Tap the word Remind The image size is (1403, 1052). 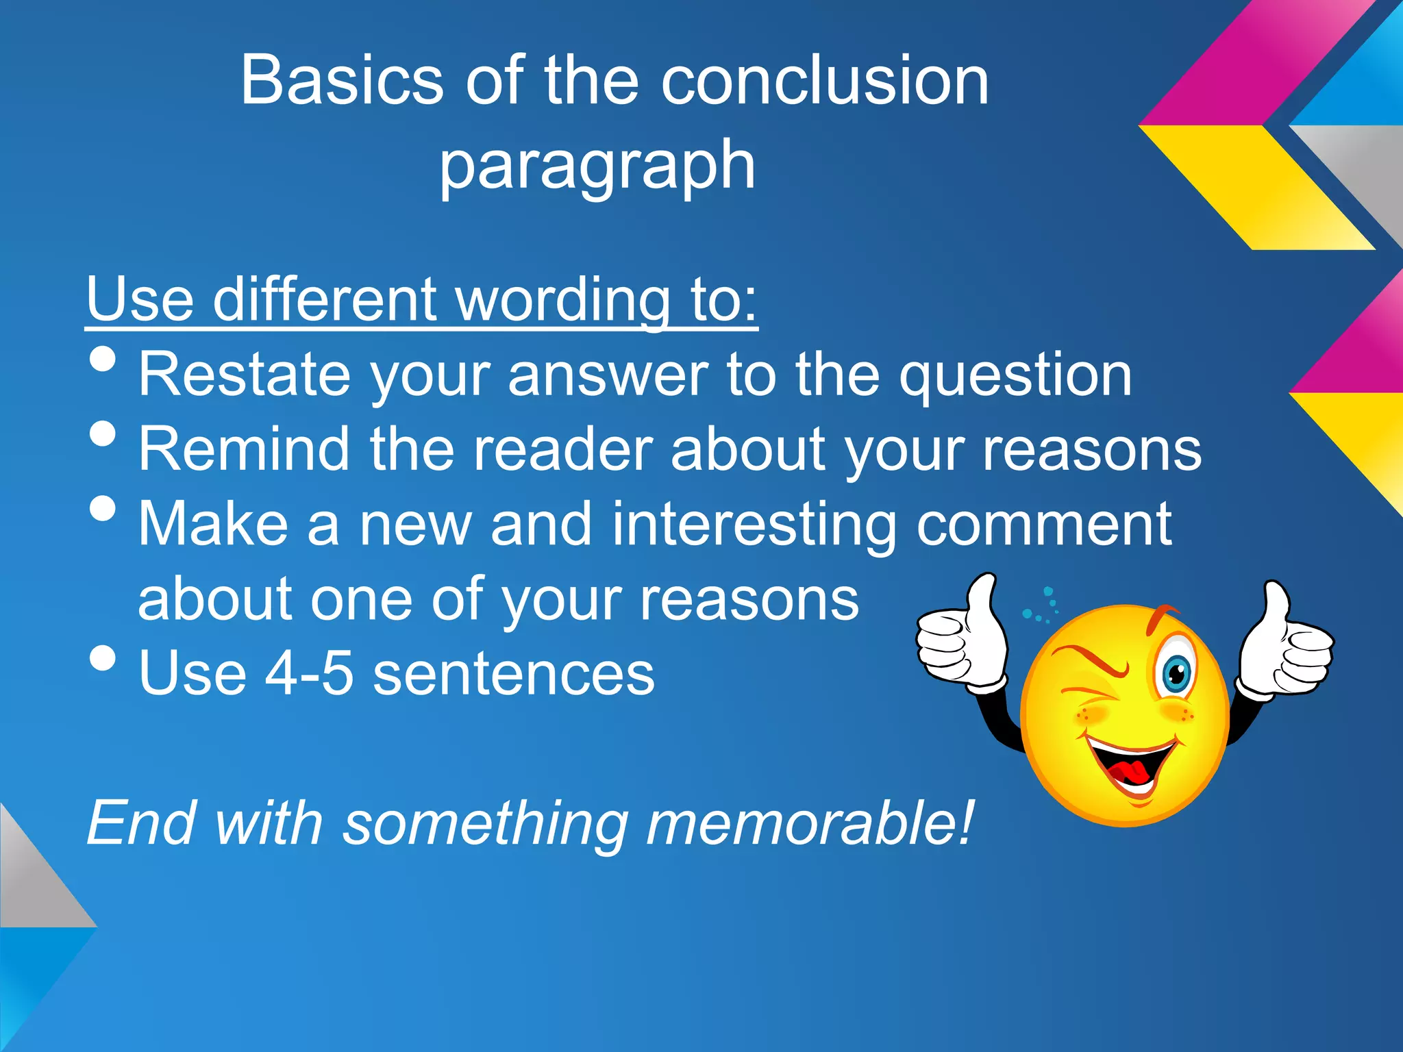pyautogui.click(x=244, y=449)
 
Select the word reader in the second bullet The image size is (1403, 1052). pyautogui.click(x=558, y=449)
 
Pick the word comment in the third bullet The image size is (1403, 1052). pyautogui.click(x=1044, y=525)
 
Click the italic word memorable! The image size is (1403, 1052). pyautogui.click(x=808, y=824)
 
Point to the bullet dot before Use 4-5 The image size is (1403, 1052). pyautogui.click(x=103, y=658)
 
